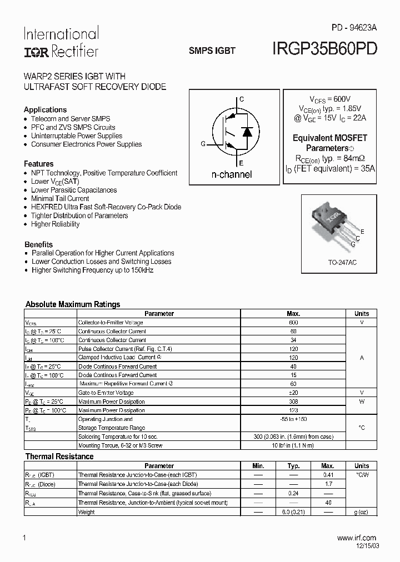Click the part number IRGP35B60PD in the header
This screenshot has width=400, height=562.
325,49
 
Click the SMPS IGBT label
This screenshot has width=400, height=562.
212,50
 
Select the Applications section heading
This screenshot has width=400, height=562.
45,109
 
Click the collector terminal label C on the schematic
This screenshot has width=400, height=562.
241,99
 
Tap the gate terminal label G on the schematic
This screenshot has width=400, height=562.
203,144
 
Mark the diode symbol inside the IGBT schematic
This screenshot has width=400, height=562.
248,132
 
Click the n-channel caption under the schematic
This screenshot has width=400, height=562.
232,174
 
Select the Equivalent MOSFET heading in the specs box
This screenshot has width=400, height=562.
330,138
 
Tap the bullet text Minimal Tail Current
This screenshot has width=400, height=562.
60,198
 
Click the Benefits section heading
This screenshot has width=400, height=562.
38,244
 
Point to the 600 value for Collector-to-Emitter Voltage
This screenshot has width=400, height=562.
293,322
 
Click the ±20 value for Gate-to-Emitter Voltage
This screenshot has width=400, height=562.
293,393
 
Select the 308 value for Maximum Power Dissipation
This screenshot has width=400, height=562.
293,402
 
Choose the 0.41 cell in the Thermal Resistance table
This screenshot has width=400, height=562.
328,475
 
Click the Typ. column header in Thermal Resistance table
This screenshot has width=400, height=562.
293,466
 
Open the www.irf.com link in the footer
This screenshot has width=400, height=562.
357,538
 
